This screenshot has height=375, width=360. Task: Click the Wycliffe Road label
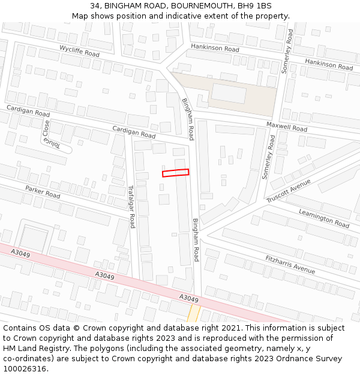click(x=79, y=50)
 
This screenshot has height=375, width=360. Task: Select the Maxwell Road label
click(x=287, y=127)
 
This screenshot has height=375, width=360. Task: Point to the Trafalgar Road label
click(x=131, y=206)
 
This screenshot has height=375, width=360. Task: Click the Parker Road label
click(x=43, y=192)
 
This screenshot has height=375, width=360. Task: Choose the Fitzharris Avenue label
click(x=290, y=265)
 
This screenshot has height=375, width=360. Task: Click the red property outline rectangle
click(x=175, y=173)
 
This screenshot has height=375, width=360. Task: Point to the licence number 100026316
click(x=24, y=368)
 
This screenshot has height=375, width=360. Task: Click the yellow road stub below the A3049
click(x=193, y=313)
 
